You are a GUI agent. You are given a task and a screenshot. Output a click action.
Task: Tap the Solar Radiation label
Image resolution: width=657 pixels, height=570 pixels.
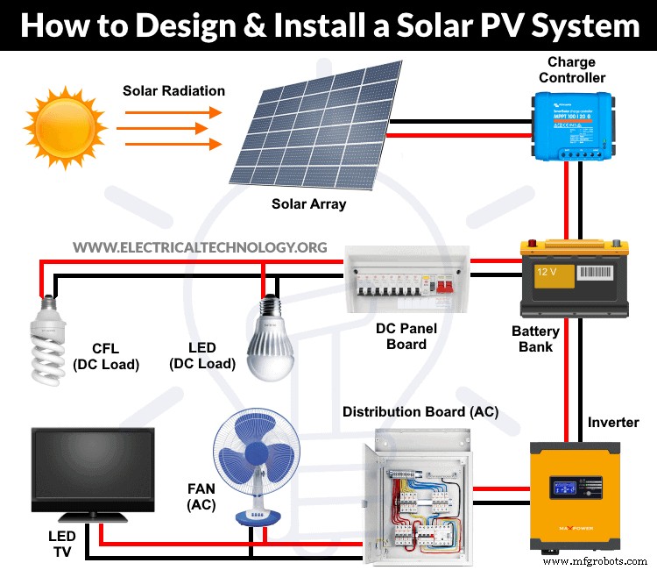pos(173,90)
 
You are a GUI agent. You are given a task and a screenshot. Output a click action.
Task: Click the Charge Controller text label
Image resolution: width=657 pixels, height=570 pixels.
pos(571,70)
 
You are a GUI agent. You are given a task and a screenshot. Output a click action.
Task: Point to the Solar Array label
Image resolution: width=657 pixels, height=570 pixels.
pos(307,204)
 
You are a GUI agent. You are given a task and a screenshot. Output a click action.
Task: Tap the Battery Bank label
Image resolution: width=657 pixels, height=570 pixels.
pos(535,338)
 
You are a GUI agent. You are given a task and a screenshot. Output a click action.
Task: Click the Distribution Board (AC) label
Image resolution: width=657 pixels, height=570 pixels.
pos(420,411)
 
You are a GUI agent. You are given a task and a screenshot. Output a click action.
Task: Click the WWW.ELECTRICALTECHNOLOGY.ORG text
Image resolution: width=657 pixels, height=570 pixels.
pos(200,247)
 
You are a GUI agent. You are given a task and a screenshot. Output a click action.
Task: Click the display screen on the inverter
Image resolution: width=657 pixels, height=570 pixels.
pos(569,486)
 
